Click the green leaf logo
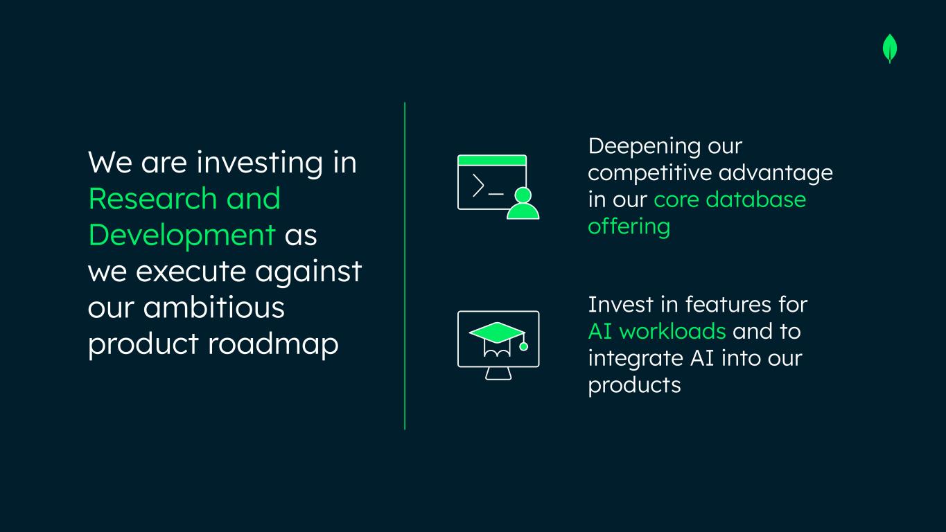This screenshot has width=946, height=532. (x=890, y=48)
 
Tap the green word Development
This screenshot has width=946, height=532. (x=182, y=236)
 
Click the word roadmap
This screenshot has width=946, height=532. (x=273, y=345)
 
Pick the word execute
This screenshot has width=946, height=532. (x=191, y=272)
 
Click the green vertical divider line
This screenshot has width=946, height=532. (x=405, y=266)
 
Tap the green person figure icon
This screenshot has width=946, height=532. (x=523, y=204)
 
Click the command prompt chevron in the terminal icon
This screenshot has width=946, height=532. (x=478, y=185)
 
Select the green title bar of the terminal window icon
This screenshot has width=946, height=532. (x=492, y=161)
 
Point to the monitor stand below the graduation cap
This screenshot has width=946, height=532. (x=498, y=373)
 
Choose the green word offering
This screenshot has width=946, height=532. (x=629, y=227)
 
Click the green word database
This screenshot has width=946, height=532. (x=756, y=199)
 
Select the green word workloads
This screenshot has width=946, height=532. (x=673, y=331)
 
